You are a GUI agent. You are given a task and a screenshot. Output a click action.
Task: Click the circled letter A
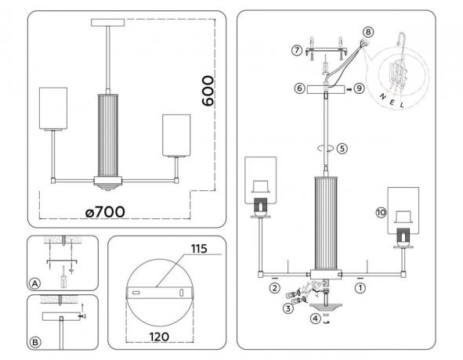point(34,283)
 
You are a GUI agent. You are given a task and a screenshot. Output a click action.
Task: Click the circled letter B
point(34,343)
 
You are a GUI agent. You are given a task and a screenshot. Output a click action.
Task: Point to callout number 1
point(360,286)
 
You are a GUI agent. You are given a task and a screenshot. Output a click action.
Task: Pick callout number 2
point(275,287)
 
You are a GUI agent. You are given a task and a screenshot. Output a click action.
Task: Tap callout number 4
point(314,318)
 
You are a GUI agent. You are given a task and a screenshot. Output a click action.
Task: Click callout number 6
point(299,89)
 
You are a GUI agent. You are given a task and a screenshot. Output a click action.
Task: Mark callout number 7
point(296,50)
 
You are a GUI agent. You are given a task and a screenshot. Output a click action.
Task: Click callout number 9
point(360,89)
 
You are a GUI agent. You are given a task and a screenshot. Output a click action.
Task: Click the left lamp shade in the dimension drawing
point(54,108)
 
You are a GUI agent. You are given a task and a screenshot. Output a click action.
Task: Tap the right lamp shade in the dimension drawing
point(175,135)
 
